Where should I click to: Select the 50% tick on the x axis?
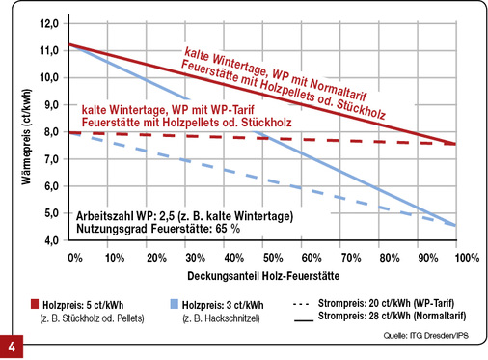pos(273,260)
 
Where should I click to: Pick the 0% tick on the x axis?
pos(74,260)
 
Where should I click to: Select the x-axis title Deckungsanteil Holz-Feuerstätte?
pos(269,277)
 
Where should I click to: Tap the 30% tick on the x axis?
pos(194,260)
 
